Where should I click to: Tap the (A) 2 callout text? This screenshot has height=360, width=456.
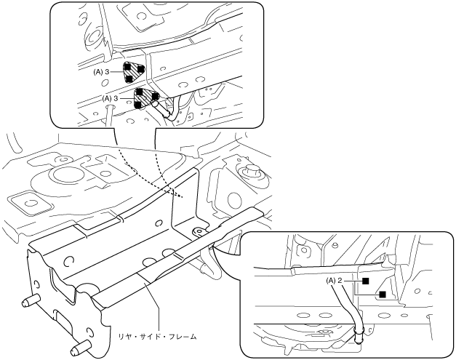pos(335,279)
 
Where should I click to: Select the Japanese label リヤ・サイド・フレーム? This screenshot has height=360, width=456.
pos(158,336)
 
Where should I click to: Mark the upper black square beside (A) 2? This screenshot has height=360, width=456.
pos(366,279)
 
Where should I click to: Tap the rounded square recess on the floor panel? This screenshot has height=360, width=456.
pos(25,199)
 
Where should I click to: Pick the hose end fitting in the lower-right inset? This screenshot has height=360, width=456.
pos(358,335)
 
